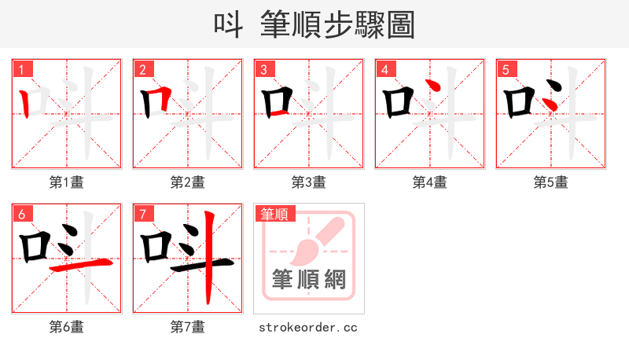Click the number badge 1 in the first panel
[21, 68]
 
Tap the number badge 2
[142, 68]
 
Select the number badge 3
[263, 68]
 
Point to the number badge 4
[384, 68]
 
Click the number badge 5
[506, 68]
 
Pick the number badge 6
[21, 214]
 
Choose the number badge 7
[142, 214]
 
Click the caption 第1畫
[67, 182]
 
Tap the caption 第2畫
[188, 182]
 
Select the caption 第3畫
[309, 182]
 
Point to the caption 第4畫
[430, 182]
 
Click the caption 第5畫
[551, 182]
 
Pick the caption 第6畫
[67, 327]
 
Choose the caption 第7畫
[188, 327]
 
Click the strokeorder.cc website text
[308, 327]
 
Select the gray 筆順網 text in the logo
[309, 279]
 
